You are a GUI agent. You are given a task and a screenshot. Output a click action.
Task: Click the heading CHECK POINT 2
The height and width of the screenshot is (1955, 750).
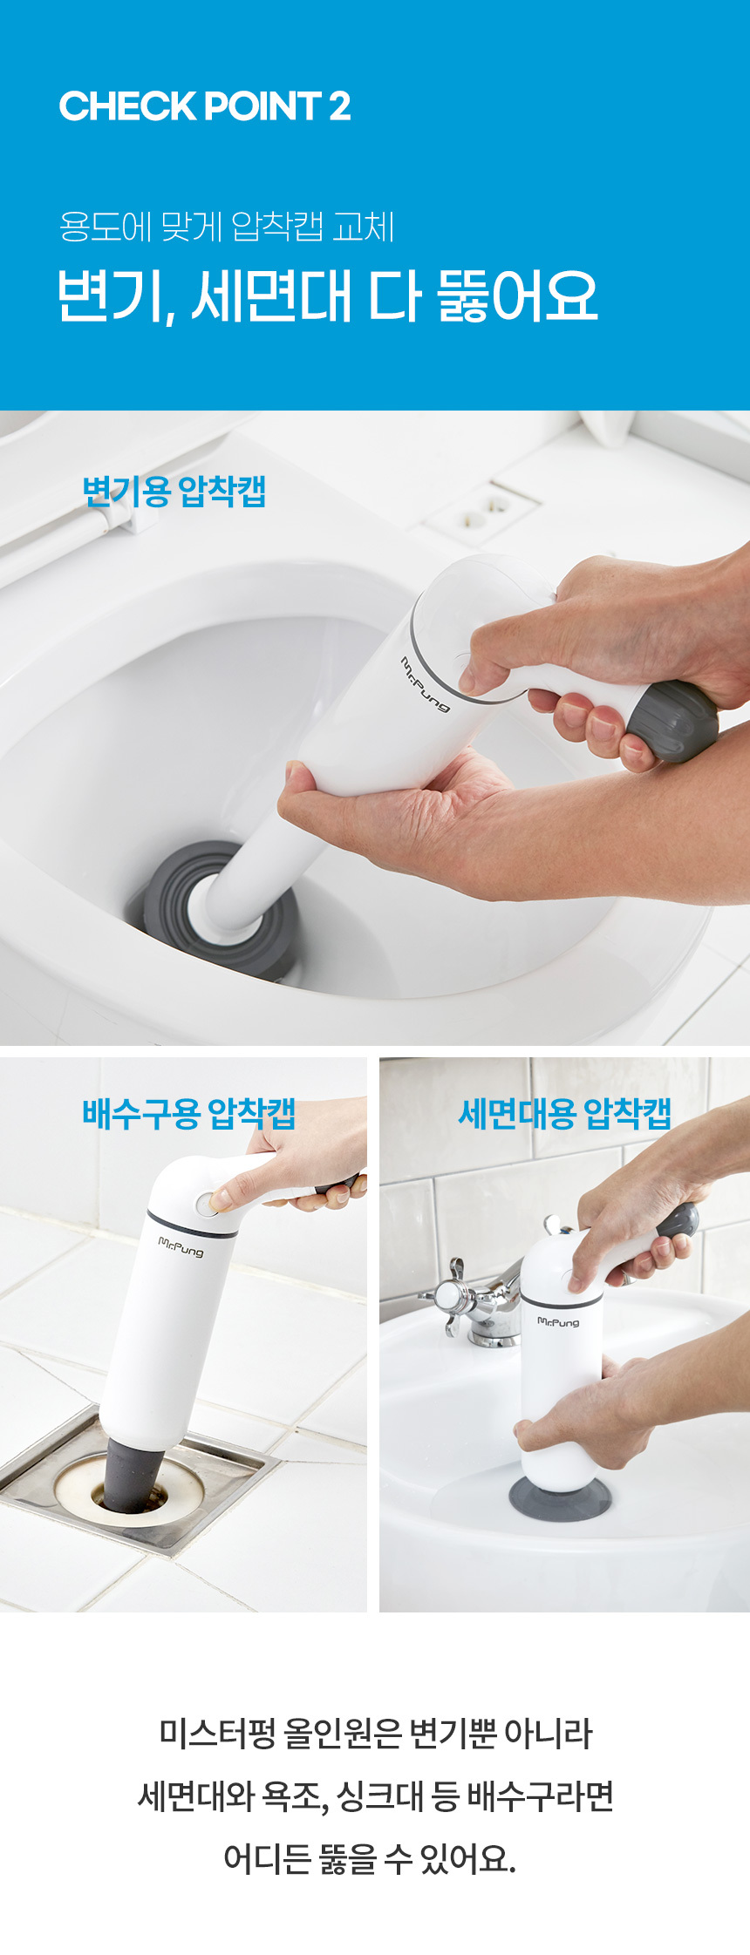[x=205, y=106]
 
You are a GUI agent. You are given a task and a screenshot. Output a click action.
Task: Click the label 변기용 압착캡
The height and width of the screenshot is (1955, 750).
[x=174, y=492]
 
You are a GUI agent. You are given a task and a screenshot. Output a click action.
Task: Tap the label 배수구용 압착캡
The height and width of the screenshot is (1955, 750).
[x=189, y=1113]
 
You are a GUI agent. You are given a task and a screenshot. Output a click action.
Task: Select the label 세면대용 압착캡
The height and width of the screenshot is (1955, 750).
[x=565, y=1113]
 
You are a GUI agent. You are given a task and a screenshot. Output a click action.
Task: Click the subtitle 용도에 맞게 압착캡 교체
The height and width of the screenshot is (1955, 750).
[x=227, y=227]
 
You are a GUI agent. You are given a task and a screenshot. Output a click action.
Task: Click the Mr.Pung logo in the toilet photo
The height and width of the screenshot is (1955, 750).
[x=426, y=684]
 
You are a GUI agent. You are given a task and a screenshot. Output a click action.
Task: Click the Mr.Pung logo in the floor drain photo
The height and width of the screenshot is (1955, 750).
[x=181, y=1246]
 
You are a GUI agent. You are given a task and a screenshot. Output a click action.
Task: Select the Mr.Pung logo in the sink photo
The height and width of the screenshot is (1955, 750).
[x=558, y=1321]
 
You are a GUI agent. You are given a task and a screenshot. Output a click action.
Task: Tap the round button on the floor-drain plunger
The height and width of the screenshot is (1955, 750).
[x=206, y=1205]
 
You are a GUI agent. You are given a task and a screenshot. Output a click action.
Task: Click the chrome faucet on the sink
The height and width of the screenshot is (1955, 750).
[x=471, y=1299]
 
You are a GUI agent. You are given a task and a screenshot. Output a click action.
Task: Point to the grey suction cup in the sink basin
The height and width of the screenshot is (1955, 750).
[x=561, y=1497]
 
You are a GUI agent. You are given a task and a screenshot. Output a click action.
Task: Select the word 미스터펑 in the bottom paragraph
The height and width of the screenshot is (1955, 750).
[x=215, y=1734]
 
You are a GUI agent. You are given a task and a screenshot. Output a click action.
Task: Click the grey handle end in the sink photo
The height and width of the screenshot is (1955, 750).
[x=679, y=1221]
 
